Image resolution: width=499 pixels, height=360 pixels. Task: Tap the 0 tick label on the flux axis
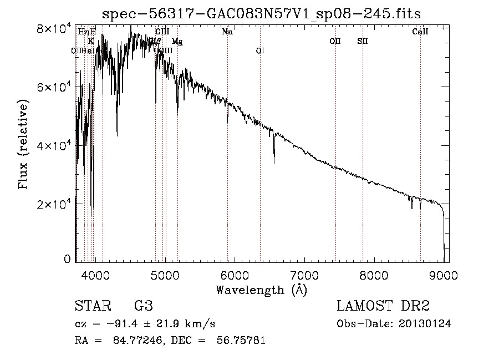(x=68, y=259)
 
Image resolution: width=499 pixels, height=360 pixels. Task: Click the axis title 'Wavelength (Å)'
(x=262, y=290)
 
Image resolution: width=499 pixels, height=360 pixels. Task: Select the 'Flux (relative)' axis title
(x=24, y=145)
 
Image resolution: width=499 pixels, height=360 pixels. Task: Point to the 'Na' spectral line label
(x=227, y=32)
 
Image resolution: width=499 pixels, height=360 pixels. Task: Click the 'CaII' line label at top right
(x=420, y=32)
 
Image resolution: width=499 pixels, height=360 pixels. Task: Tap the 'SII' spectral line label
(x=363, y=41)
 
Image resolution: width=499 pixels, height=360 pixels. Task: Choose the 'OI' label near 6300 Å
(x=260, y=51)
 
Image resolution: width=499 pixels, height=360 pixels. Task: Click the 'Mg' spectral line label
(x=177, y=42)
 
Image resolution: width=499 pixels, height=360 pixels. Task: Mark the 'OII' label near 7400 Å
(x=335, y=41)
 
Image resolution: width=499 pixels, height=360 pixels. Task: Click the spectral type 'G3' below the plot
(x=143, y=306)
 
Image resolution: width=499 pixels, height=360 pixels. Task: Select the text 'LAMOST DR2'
(x=383, y=306)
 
